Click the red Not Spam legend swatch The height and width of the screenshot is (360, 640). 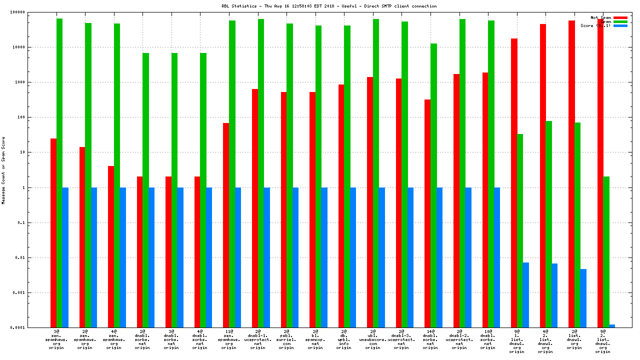coord(620,17)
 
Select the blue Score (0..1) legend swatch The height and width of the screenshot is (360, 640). coord(620,25)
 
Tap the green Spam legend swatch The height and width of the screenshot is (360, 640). coord(620,21)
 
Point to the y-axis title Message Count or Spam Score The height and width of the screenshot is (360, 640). coord(3,170)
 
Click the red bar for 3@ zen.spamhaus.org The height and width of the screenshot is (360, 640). coord(53,233)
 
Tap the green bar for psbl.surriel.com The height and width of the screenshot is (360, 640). coord(290,175)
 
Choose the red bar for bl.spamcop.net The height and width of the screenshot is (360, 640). coord(312,210)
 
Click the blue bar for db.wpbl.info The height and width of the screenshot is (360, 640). coord(353,257)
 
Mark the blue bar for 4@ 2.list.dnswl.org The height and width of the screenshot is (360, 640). coord(554,295)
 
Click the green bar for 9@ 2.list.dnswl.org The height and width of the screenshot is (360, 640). coord(606,252)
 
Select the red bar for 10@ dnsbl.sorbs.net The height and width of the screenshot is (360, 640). coord(485,200)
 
